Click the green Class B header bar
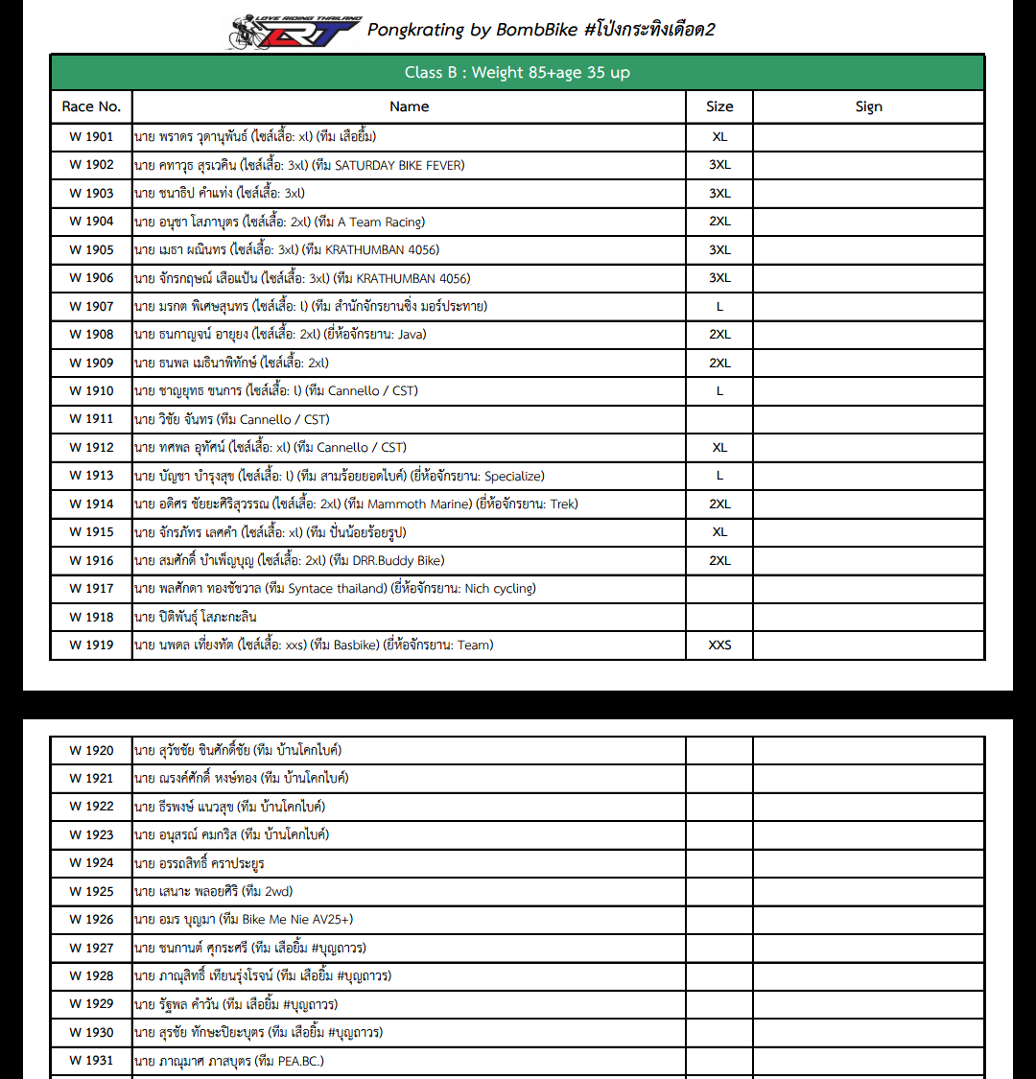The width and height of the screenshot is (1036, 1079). [x=517, y=73]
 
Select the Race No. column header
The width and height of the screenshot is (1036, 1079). [x=91, y=106]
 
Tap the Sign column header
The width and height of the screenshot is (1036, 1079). [x=868, y=106]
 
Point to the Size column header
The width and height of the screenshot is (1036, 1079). [x=719, y=106]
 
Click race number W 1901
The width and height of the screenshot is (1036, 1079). [x=91, y=136]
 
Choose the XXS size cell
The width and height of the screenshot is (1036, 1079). [x=719, y=645]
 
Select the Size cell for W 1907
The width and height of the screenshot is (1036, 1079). [x=719, y=306]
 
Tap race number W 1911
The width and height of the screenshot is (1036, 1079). [x=91, y=419]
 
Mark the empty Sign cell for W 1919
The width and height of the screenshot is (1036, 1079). [x=868, y=645]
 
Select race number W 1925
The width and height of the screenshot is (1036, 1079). [x=91, y=891]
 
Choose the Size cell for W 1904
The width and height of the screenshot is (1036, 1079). [x=719, y=222]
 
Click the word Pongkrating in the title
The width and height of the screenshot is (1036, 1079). [x=415, y=30]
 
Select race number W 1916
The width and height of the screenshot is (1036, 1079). [x=91, y=560]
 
